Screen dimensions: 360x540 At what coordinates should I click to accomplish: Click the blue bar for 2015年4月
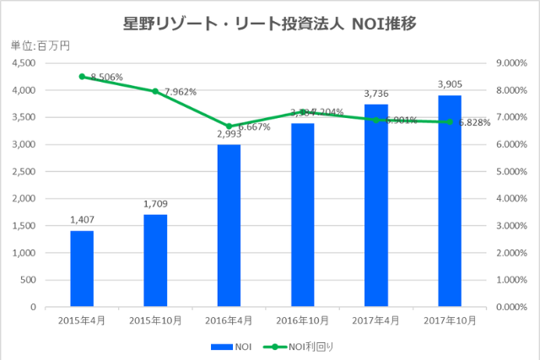82,269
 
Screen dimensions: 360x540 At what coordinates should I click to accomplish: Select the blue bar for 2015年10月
155,261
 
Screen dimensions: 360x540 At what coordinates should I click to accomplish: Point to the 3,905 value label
450,84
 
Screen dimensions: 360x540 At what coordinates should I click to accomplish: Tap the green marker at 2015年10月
155,91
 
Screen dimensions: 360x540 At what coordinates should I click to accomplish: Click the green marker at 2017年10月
450,121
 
